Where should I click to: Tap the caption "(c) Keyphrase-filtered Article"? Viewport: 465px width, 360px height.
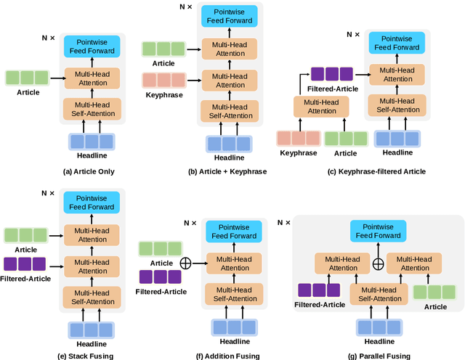coord(369,171)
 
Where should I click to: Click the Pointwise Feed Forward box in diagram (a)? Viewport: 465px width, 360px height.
coord(92,45)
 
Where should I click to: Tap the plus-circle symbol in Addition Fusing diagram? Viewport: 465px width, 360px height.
coord(185,263)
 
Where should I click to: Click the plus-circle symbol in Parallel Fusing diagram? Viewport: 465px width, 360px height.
coord(378,264)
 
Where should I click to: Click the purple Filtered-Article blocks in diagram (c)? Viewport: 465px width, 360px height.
coord(331,73)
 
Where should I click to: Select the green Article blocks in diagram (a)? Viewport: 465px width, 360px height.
coord(27,77)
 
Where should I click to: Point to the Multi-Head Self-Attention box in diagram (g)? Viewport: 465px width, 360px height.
coord(378,295)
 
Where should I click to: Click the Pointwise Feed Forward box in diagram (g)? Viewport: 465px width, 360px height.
coord(378,231)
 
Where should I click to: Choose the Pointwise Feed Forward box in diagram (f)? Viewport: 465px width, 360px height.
coord(233,232)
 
